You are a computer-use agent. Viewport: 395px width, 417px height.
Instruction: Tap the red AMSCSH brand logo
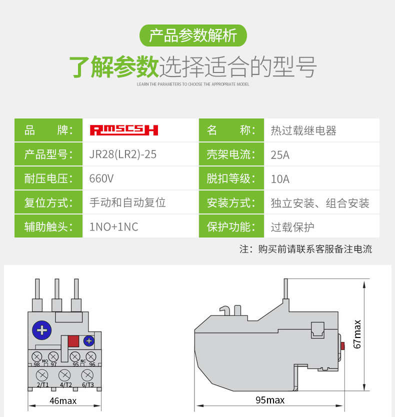click(x=123, y=130)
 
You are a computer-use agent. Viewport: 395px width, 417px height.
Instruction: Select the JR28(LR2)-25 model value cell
click(x=122, y=154)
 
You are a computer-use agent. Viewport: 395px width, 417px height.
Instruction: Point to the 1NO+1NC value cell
click(x=113, y=227)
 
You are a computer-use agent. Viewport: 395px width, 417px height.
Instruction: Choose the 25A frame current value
click(x=280, y=154)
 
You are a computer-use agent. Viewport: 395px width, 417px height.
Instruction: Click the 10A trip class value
click(x=280, y=178)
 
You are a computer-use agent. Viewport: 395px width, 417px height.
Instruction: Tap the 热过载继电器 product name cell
click(x=303, y=130)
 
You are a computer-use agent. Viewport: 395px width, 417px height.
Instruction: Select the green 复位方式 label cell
click(x=48, y=203)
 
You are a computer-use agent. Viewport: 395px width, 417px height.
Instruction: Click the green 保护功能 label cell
click(x=231, y=227)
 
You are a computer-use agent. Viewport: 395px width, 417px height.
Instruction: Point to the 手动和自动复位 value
click(x=127, y=203)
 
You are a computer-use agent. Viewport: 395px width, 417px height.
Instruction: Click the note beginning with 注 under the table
click(x=305, y=249)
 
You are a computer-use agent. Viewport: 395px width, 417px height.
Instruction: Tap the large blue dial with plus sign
click(x=42, y=330)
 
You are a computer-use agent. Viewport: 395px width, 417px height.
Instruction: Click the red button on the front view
click(x=73, y=341)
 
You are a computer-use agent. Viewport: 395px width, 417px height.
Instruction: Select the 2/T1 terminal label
click(x=42, y=384)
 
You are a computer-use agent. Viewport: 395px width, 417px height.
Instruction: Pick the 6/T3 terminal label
click(x=87, y=384)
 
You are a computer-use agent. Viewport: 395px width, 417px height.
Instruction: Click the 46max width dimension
click(x=63, y=400)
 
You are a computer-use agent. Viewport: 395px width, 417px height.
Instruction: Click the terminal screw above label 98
click(x=36, y=356)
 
